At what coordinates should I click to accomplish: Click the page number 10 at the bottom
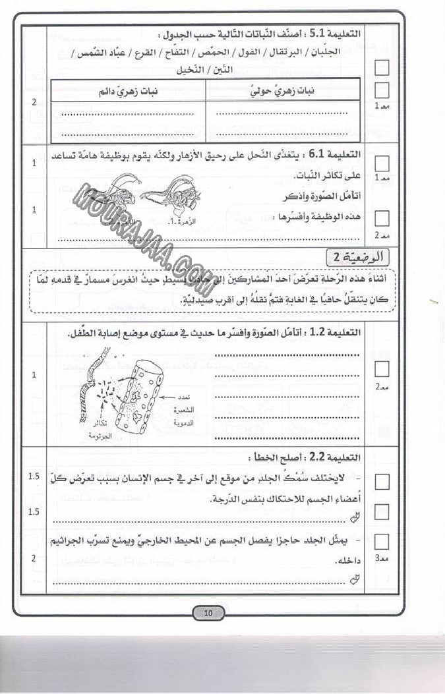point(208,614)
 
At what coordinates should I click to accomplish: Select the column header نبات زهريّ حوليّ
point(284,92)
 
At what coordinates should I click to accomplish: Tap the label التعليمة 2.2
point(339,457)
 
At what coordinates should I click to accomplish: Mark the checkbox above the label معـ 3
point(382,541)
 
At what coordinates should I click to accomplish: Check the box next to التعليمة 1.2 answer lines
point(382,368)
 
